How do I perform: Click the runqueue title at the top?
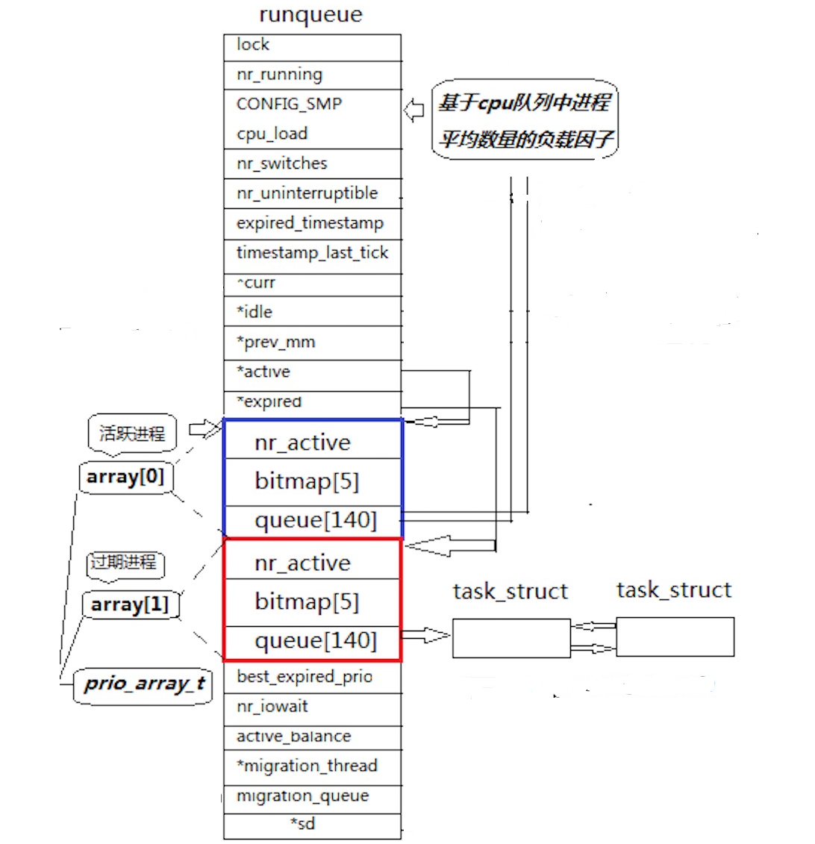click(310, 15)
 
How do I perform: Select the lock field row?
click(312, 46)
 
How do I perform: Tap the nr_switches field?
click(312, 163)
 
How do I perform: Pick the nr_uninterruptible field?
click(312, 193)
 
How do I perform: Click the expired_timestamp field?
click(312, 223)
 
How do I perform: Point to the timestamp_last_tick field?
click(312, 253)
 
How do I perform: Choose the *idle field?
click(312, 312)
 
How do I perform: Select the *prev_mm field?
click(312, 343)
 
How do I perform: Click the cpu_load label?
click(272, 134)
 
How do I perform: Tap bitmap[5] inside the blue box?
click(307, 481)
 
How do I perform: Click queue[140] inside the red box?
click(316, 641)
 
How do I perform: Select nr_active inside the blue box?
click(302, 443)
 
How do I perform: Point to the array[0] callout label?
click(125, 477)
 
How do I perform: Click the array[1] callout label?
click(130, 604)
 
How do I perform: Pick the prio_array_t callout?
click(144, 684)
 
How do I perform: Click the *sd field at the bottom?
click(303, 824)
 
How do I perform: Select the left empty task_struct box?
click(511, 638)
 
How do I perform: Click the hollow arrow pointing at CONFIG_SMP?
click(413, 110)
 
